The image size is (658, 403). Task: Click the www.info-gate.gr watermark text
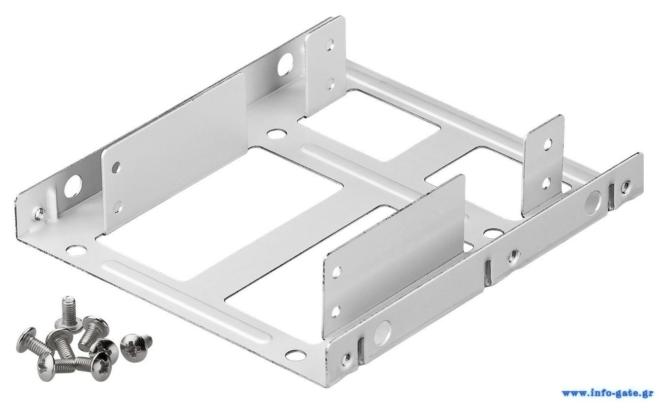609,393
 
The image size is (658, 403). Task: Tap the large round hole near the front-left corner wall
72,187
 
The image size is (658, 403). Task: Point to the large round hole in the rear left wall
284,64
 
